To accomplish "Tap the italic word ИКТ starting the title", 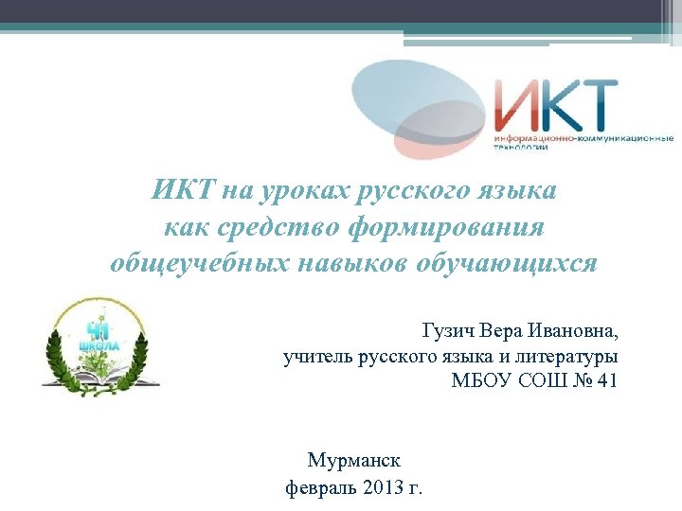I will [x=183, y=191].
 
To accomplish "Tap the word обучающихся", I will [x=506, y=262].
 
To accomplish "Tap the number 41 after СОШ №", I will [x=608, y=381].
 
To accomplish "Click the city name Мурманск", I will [x=353, y=461].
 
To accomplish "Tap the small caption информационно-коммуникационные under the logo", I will [x=583, y=139].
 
